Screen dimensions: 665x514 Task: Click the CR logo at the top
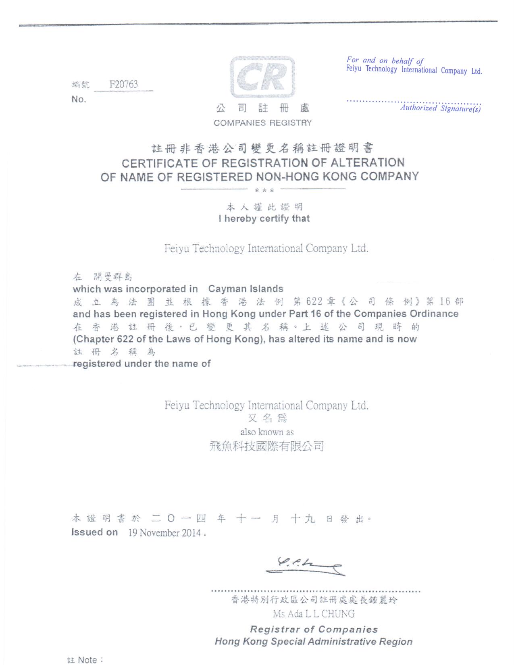(262, 77)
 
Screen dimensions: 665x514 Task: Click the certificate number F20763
(123, 84)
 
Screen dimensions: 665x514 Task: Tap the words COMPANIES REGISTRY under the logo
(262, 123)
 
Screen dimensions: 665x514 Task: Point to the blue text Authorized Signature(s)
(440, 108)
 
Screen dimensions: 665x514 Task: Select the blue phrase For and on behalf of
(385, 61)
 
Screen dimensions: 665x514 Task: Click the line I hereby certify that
(264, 219)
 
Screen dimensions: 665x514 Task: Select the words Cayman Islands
(246, 289)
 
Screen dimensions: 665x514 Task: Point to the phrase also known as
(267, 432)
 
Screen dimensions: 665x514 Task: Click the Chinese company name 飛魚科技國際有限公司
(266, 446)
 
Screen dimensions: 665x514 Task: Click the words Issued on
(94, 532)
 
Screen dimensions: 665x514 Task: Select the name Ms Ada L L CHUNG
(314, 614)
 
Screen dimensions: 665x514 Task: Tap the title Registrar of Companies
(314, 629)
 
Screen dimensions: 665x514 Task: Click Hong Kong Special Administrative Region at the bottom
(313, 642)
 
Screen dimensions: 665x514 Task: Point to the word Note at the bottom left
(87, 660)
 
